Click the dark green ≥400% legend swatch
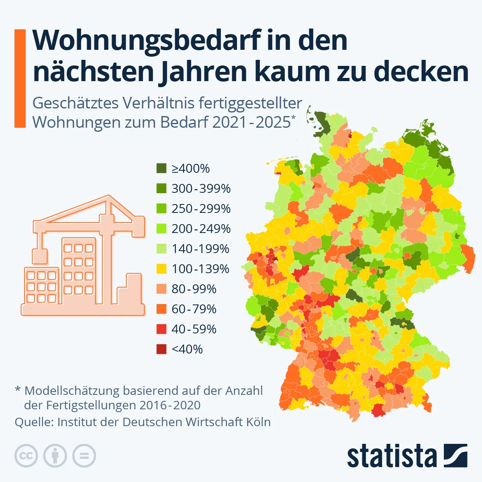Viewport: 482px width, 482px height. pyautogui.click(x=161, y=168)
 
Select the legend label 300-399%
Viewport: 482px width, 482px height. pyautogui.click(x=201, y=188)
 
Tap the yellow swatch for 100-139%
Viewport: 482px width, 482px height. pyautogui.click(x=161, y=269)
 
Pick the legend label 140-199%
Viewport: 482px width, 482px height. pyautogui.click(x=200, y=249)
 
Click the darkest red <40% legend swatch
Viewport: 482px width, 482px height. pyautogui.click(x=161, y=349)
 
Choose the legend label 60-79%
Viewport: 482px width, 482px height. pyautogui.click(x=194, y=309)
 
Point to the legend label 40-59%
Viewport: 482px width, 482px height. pyautogui.click(x=194, y=329)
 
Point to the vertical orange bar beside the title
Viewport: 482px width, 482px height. pyautogui.click(x=20, y=78)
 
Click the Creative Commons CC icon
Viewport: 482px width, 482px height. pyautogui.click(x=26, y=456)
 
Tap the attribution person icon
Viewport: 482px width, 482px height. pyautogui.click(x=55, y=456)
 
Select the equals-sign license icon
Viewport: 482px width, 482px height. pyautogui.click(x=84, y=456)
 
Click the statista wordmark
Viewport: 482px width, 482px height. pyautogui.click(x=392, y=456)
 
